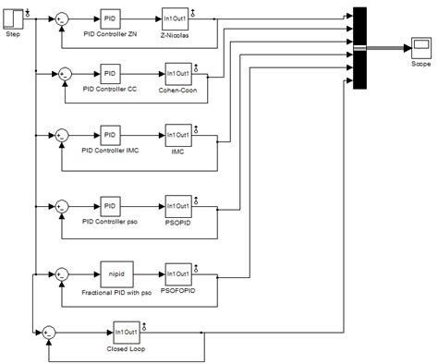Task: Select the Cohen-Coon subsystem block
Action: coord(177,73)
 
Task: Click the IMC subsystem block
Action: coord(177,137)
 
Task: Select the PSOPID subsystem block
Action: coord(177,205)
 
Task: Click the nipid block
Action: coord(116,274)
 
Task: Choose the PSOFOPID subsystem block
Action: coord(177,274)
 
